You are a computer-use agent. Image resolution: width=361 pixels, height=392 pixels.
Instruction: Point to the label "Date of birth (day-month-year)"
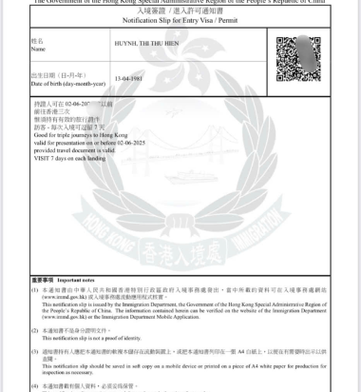(x=64, y=81)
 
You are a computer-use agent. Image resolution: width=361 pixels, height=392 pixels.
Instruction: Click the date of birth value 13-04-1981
(x=129, y=78)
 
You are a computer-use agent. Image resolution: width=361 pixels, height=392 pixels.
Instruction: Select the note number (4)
(x=36, y=386)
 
